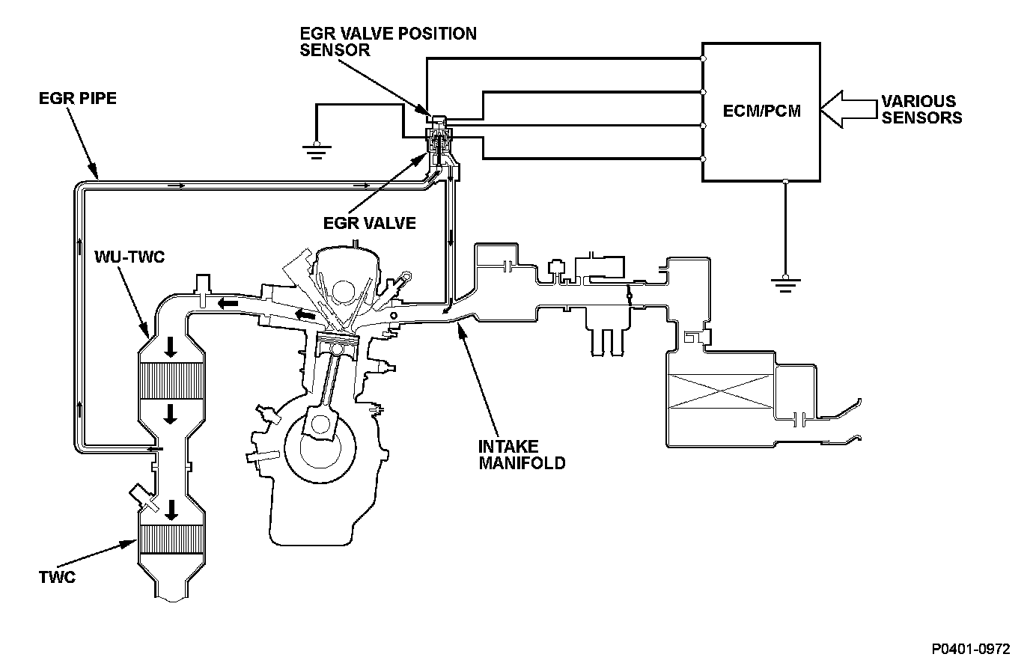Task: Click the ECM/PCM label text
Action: [761, 111]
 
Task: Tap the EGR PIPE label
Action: [78, 98]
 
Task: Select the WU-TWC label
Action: [129, 257]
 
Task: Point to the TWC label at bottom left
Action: [57, 577]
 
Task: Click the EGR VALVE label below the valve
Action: [370, 223]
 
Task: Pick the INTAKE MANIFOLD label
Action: [522, 455]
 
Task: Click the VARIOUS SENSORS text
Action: [921, 109]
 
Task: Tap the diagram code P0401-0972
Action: [971, 649]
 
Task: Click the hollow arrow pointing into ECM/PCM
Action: [848, 109]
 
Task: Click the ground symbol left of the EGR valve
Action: [317, 150]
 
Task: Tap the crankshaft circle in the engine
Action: [320, 446]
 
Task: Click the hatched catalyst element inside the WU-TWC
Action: [171, 381]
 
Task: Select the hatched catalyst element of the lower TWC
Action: [171, 540]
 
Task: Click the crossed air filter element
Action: [721, 391]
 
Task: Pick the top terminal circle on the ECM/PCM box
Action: [703, 58]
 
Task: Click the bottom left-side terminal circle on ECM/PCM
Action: [703, 159]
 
